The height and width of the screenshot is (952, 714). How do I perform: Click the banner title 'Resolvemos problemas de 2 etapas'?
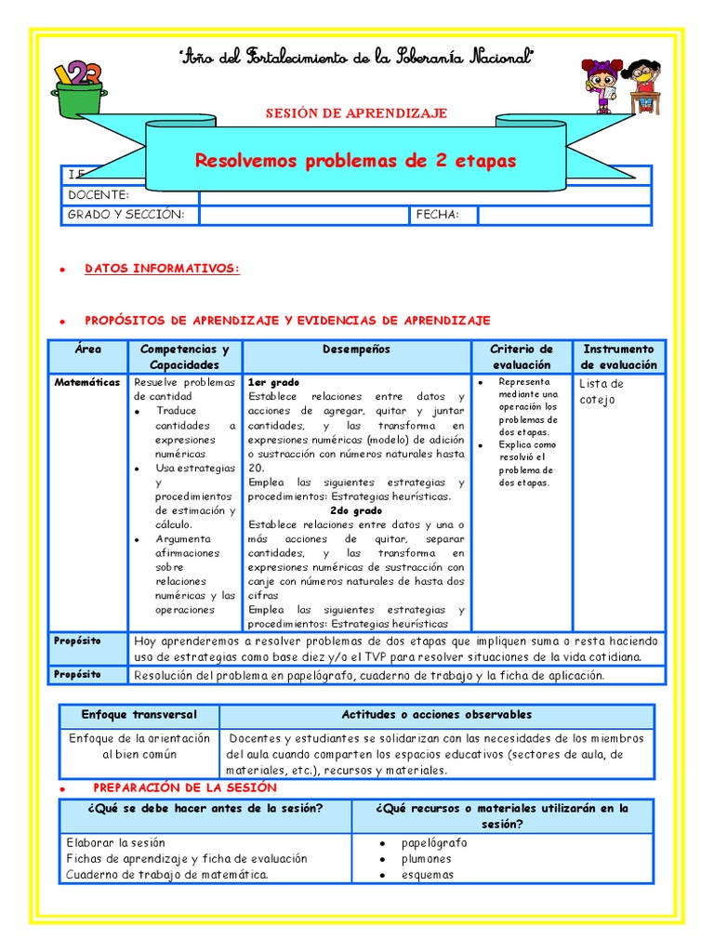[x=355, y=161]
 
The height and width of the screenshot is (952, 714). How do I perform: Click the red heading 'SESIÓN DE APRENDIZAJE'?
[x=356, y=113]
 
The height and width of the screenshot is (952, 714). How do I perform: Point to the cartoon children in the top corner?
[x=621, y=86]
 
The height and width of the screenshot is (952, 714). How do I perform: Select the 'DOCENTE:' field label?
[x=98, y=195]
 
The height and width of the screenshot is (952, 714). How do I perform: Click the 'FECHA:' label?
[x=438, y=215]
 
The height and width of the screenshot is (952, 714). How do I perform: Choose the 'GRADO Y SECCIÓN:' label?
[x=126, y=215]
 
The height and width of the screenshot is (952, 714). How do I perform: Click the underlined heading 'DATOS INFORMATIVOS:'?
[x=162, y=269]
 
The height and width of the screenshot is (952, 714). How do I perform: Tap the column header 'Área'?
[x=88, y=350]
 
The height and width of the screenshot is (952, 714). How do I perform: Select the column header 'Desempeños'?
[x=357, y=350]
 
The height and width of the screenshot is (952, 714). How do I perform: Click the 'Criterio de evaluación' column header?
[x=522, y=357]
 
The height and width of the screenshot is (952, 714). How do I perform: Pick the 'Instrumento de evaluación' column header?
[x=618, y=357]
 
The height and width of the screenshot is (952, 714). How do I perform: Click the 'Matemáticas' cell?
[x=86, y=382]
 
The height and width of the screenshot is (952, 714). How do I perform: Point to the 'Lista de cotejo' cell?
[x=602, y=391]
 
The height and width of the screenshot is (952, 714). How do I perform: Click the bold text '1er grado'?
[x=273, y=382]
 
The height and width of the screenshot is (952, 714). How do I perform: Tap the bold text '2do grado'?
[x=356, y=510]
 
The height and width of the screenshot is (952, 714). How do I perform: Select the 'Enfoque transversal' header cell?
[x=139, y=715]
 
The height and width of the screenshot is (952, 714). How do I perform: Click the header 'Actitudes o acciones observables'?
[x=437, y=715]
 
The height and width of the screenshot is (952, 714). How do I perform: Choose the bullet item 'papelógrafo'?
[x=434, y=843]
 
